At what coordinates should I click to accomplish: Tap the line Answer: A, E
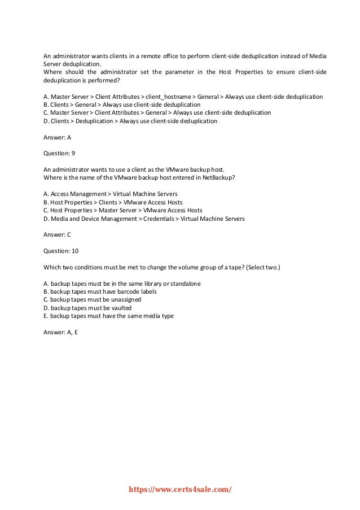(x=60, y=332)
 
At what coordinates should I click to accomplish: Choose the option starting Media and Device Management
(x=144, y=217)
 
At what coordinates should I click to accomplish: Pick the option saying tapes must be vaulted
(x=87, y=308)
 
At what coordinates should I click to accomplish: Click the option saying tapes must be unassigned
(x=92, y=299)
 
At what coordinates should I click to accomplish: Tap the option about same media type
(x=108, y=316)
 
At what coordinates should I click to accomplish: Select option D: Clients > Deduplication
(x=130, y=121)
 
